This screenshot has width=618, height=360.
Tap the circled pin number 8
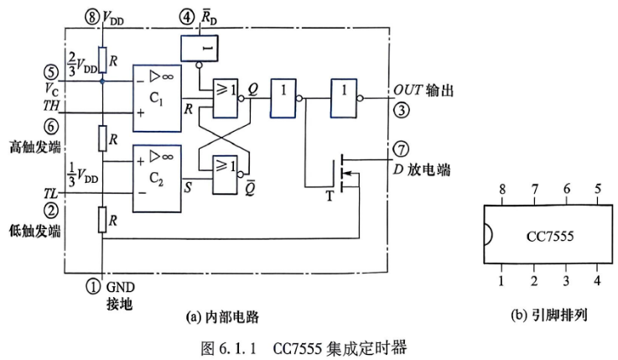coord(92,17)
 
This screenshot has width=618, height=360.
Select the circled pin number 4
coord(187,17)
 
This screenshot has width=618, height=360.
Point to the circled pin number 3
coord(402,110)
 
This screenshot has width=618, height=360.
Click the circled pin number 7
coord(401,149)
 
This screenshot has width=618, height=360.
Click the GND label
coord(120,287)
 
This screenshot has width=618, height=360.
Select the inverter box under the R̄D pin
coord(200,48)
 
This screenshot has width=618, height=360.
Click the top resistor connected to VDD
coord(102,60)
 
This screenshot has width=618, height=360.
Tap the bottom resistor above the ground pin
coord(102,219)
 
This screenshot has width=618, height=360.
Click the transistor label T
coord(330,196)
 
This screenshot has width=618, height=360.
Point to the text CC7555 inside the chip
coord(550,236)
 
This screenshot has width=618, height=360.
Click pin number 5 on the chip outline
coord(598,190)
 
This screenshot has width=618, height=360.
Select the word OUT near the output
coord(408,91)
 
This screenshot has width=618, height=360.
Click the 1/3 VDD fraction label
coord(82,174)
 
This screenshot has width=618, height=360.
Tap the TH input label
coord(51,105)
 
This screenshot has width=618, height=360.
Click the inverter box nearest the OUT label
coord(344,98)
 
